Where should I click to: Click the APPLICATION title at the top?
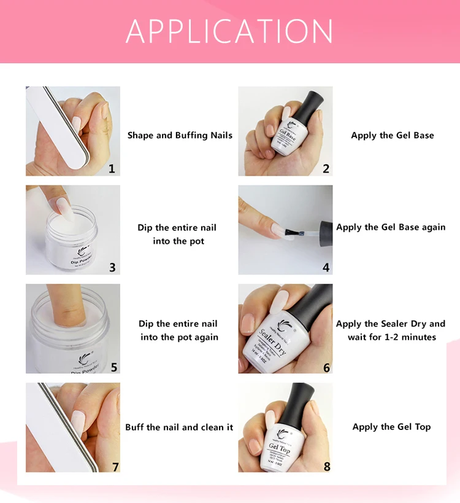(x=229, y=31)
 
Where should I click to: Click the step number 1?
(x=112, y=168)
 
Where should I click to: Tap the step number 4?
(x=326, y=267)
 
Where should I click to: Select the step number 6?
(x=326, y=367)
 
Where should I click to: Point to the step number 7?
(x=115, y=466)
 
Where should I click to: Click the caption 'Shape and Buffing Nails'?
(x=180, y=135)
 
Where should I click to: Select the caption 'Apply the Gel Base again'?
(x=391, y=227)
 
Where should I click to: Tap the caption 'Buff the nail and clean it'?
(x=179, y=427)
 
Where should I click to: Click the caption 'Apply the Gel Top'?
(x=391, y=427)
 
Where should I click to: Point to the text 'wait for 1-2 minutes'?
(x=391, y=337)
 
